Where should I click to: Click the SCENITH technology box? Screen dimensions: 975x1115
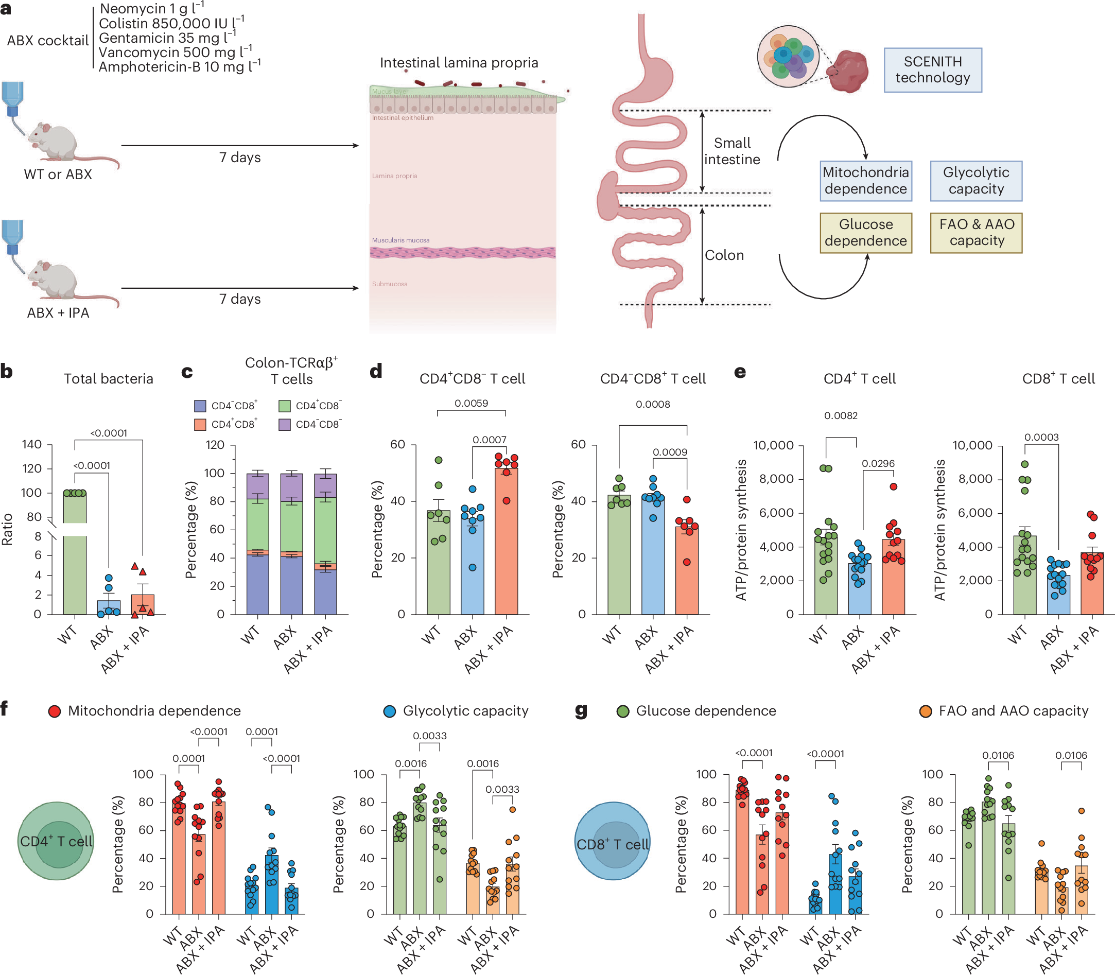click(x=932, y=69)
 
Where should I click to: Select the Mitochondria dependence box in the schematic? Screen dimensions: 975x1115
click(x=865, y=181)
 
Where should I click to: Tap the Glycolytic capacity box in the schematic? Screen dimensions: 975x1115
click(x=975, y=181)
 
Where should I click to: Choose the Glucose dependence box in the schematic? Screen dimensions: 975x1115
click(x=865, y=233)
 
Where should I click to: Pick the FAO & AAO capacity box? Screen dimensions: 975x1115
click(x=976, y=233)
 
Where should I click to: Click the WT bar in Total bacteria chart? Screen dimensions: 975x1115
click(x=75, y=571)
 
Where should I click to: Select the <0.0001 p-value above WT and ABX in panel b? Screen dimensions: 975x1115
click(x=92, y=466)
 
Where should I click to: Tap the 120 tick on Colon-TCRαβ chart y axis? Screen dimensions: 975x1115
click(x=215, y=445)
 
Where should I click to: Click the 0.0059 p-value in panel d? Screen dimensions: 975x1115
click(x=471, y=403)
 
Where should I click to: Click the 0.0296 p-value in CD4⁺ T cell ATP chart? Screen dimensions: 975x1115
click(x=878, y=463)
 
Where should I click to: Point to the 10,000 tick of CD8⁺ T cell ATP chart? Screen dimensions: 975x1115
click(x=972, y=446)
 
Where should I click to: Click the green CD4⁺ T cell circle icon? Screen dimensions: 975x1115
click(x=56, y=841)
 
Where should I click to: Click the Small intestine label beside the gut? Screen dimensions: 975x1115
click(x=732, y=151)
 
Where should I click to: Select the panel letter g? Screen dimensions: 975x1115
click(x=581, y=710)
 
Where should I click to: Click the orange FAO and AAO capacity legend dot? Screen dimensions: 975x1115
click(x=925, y=711)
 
